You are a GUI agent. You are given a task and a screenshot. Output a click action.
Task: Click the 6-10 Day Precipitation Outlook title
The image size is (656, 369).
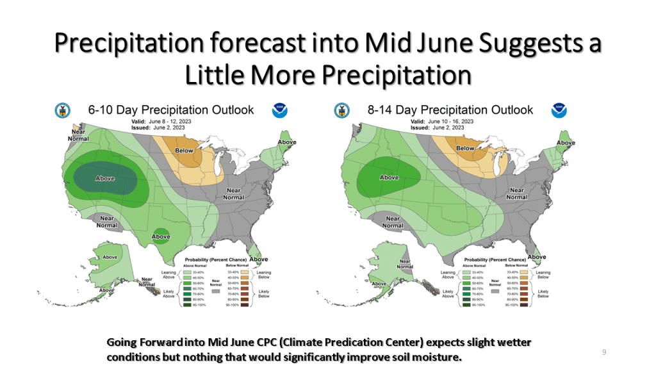tap(171, 110)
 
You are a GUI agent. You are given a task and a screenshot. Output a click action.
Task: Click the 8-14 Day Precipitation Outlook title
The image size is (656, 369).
tap(450, 110)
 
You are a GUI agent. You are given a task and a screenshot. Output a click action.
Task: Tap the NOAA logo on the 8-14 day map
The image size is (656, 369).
tap(559, 111)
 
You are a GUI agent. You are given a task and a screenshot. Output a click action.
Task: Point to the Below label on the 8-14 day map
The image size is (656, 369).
tap(464, 149)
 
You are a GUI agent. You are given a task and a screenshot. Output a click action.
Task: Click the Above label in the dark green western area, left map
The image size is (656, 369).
tap(105, 179)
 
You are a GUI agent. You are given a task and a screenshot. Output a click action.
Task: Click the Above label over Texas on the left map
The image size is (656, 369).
tap(161, 236)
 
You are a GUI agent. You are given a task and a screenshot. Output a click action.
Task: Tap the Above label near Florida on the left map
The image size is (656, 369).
tap(259, 259)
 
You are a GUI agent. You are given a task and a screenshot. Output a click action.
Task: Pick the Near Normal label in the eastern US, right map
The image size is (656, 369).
tap(516, 193)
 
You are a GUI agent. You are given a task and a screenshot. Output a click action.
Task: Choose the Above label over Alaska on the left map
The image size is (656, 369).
tap(110, 257)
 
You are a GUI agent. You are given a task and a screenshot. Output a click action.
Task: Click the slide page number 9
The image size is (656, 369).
tap(604, 352)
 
